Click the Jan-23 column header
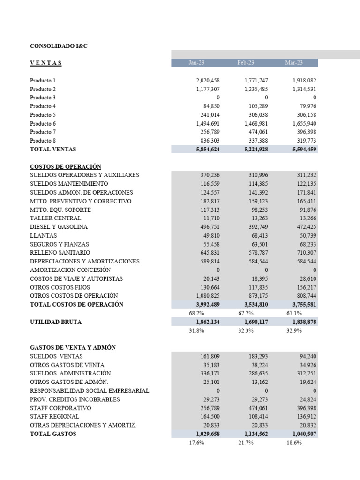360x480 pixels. point(196,63)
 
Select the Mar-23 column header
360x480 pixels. point(294,63)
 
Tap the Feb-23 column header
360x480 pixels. point(246,63)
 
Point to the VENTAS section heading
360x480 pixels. point(45,63)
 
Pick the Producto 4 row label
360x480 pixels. point(43,106)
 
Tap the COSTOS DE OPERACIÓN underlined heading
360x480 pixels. point(66,166)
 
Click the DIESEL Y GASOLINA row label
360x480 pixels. point(59,227)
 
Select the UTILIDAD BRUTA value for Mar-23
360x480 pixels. point(302,322)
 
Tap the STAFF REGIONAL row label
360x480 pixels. point(54,417)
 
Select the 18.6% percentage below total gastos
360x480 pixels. point(294,442)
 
